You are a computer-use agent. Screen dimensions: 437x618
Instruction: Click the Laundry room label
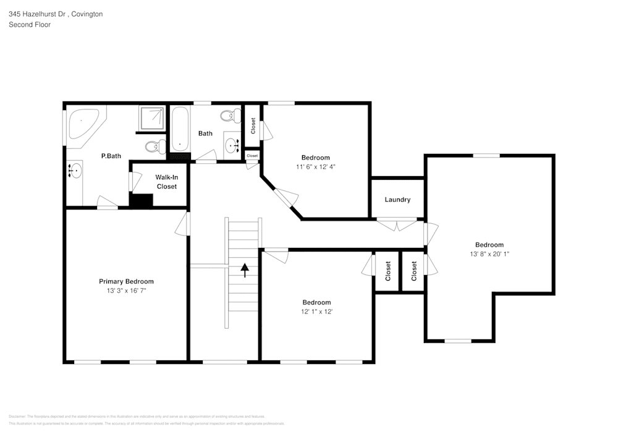pos(397,200)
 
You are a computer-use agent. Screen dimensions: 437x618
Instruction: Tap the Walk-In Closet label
pos(166,182)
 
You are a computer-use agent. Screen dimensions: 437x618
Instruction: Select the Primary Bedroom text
pos(126,281)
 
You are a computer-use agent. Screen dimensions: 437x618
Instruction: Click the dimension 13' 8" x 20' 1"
pos(489,254)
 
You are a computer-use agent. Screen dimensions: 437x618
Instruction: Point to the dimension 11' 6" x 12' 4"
pos(315,167)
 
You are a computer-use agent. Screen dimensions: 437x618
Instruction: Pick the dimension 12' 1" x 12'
pos(316,312)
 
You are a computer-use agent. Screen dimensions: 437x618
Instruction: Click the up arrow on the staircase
pos(244,270)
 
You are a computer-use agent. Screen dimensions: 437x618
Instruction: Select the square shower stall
pos(152,119)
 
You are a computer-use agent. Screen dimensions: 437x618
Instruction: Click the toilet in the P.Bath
pos(154,146)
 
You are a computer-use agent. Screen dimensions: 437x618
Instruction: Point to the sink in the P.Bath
pos(75,171)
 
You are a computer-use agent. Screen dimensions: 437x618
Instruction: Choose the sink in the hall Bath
pos(232,146)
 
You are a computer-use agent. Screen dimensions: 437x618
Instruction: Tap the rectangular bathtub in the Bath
pos(180,129)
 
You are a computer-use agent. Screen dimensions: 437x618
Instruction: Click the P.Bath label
pos(111,156)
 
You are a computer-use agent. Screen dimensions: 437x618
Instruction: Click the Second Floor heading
pos(30,25)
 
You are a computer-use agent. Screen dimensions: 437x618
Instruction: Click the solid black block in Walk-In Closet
pos(142,201)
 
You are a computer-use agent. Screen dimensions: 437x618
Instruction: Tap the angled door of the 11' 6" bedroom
pos(286,197)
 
